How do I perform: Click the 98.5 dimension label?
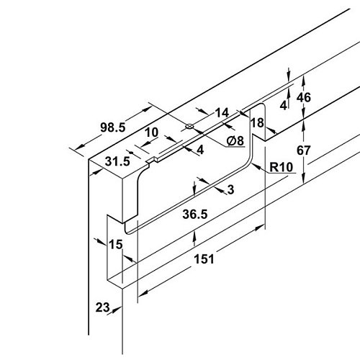coord(113,127)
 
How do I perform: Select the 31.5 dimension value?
coord(117,161)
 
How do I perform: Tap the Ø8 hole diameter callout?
coord(235,140)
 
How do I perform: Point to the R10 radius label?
coord(282,167)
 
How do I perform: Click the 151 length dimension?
coord(204,259)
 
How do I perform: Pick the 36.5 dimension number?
coord(195,214)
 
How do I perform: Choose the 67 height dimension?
coord(304,150)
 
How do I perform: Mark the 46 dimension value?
coord(304,97)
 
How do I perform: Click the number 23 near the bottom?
coord(102,307)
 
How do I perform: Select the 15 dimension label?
coord(116,245)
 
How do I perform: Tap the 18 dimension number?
coord(257,123)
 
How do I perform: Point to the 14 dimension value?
coord(222,113)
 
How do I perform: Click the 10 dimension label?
coord(152,132)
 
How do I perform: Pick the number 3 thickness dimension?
coord(230,189)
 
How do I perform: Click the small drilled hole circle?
coord(189,126)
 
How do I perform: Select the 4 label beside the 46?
coord(284,105)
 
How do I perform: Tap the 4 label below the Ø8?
coord(200,150)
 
